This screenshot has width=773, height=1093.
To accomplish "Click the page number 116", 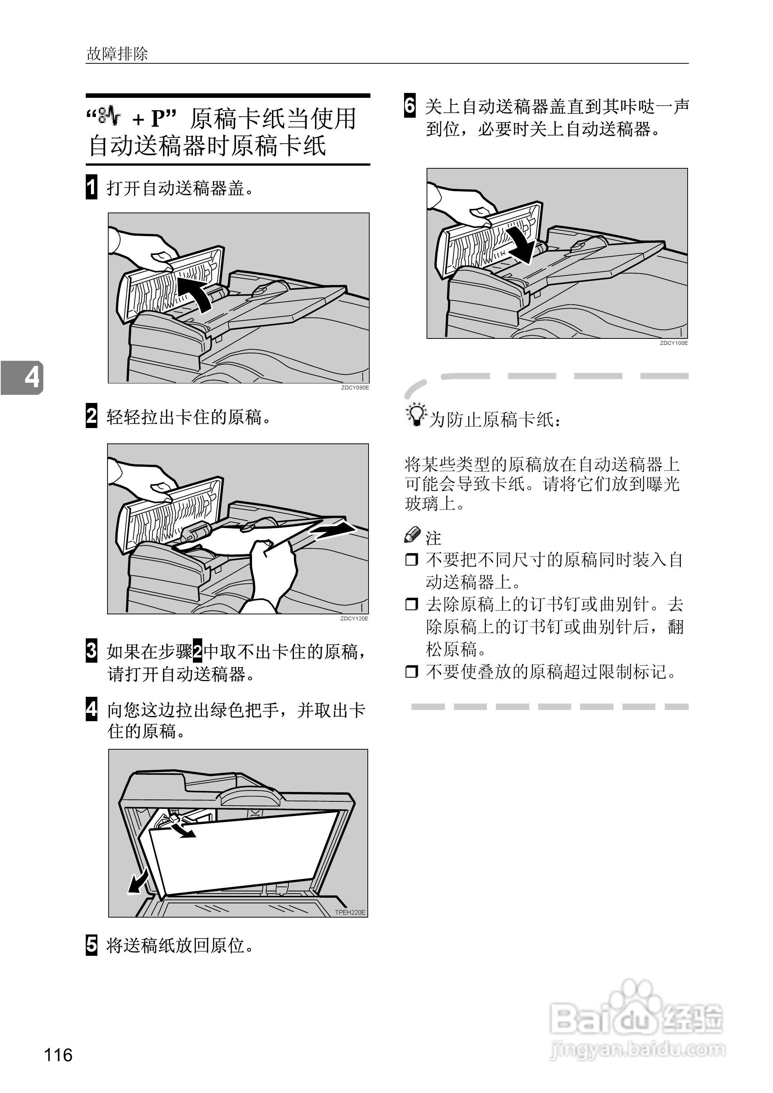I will [58, 1055].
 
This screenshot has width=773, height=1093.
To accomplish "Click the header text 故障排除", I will [117, 54].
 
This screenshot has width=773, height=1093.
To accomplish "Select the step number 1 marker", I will [91, 187].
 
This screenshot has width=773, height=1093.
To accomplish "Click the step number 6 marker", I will [410, 106].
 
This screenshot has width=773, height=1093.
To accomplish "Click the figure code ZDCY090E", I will [355, 388].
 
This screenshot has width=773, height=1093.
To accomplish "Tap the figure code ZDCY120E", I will [354, 618].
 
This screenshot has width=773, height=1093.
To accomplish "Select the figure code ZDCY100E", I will [673, 343].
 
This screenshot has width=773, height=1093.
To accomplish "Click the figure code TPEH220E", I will [350, 912].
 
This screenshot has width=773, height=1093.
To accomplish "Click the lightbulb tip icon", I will [416, 416].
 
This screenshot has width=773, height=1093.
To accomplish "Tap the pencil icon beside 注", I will [412, 535].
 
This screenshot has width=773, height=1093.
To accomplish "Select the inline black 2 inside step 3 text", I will [197, 651].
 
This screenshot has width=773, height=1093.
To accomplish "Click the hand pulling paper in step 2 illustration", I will [271, 572].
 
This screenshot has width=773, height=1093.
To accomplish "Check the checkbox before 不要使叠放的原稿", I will [411, 672].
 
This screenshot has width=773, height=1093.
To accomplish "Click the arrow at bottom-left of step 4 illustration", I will [138, 884].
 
